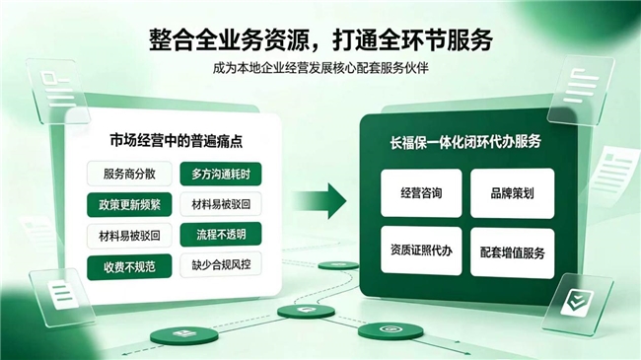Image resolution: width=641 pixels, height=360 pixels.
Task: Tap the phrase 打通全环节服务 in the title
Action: [412, 39]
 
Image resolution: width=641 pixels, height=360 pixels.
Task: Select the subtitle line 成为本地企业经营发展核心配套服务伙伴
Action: [320, 68]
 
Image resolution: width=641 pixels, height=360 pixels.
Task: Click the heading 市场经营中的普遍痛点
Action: [177, 141]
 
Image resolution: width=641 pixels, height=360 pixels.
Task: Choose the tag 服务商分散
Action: [129, 174]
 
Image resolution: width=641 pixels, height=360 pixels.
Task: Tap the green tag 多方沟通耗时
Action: [221, 175]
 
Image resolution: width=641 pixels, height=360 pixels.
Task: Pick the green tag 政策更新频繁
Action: [129, 204]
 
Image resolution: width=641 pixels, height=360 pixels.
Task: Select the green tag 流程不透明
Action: [221, 235]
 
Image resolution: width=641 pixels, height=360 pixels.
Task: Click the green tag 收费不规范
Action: [129, 267]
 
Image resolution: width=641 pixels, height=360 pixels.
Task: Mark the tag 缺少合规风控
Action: [221, 265]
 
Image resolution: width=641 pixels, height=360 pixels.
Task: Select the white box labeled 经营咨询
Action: [421, 193]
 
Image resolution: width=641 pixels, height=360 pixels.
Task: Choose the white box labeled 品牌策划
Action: [512, 193]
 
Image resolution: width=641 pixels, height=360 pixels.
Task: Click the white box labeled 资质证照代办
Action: [421, 251]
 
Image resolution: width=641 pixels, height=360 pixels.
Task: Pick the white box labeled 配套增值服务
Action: [512, 252]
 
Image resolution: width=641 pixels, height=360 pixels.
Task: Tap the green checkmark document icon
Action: [578, 303]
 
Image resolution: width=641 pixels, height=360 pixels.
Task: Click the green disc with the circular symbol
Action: [387, 330]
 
